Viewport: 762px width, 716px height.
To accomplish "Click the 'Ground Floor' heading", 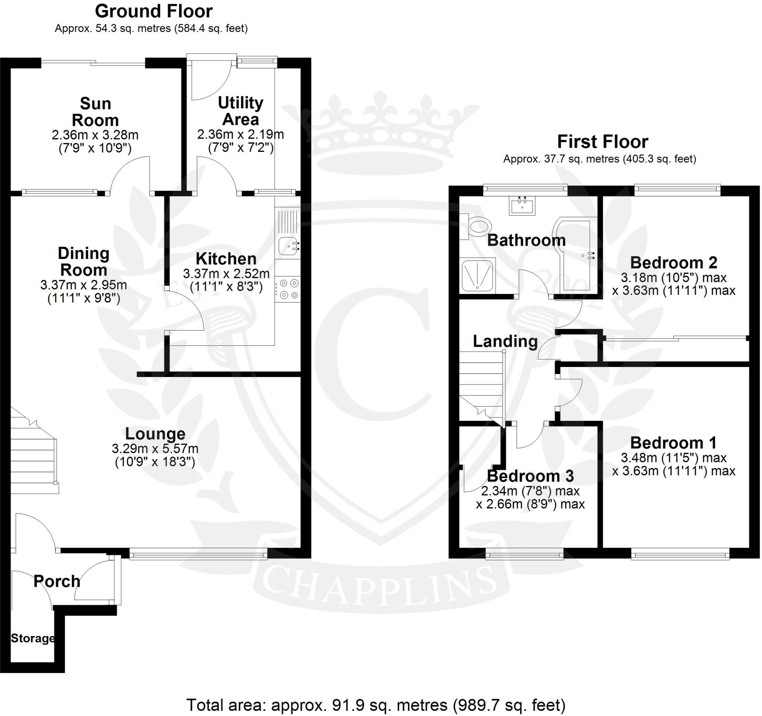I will pos(153,12).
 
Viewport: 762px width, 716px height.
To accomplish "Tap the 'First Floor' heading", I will pos(602,142).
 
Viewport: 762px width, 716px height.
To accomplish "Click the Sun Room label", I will pos(96,112).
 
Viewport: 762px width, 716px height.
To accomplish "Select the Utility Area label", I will pos(241,111).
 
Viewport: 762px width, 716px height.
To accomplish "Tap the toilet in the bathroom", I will pos(477,228).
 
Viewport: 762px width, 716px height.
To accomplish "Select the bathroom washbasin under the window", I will pos(522,206).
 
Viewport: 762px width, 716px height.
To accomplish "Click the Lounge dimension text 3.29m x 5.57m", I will pos(155,448).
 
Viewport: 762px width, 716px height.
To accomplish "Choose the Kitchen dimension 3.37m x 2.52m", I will pos(226,274).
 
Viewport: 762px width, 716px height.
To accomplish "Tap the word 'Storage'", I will pos(33,639).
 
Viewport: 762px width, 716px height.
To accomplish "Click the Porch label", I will pos(57,581).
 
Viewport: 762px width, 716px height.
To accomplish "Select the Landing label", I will pos(505,341).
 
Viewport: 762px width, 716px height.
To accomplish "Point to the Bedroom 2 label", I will pos(673,263).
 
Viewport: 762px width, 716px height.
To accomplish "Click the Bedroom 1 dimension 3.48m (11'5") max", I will pos(673,458).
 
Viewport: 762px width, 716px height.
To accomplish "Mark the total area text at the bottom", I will pos(376,704).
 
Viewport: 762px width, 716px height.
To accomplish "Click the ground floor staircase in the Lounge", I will pos(33,452).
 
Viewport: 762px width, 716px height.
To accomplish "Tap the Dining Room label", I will pos(84,262).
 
